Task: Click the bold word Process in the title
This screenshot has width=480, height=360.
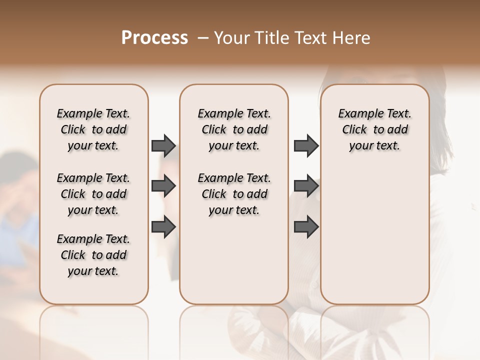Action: (154, 38)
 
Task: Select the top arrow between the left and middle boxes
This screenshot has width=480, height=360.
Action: (163, 145)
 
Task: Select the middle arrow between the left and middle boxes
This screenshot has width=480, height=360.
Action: (163, 186)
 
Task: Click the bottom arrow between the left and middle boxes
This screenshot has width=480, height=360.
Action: (163, 226)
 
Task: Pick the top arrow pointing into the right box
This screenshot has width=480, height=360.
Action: (306, 145)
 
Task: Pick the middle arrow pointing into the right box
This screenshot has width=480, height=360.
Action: (306, 186)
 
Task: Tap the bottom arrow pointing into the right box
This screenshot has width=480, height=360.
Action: (306, 226)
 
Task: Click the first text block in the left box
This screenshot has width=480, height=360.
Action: (93, 129)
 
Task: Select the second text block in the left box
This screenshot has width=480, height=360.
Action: (93, 194)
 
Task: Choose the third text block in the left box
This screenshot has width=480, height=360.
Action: (93, 255)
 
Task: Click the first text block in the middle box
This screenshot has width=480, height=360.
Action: (234, 129)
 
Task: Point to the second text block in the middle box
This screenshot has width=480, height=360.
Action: (234, 194)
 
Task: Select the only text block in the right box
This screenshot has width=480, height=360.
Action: (374, 129)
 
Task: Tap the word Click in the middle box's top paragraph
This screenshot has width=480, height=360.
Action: (214, 130)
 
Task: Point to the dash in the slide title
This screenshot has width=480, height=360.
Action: (203, 38)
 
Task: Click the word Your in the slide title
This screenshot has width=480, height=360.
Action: (232, 38)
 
